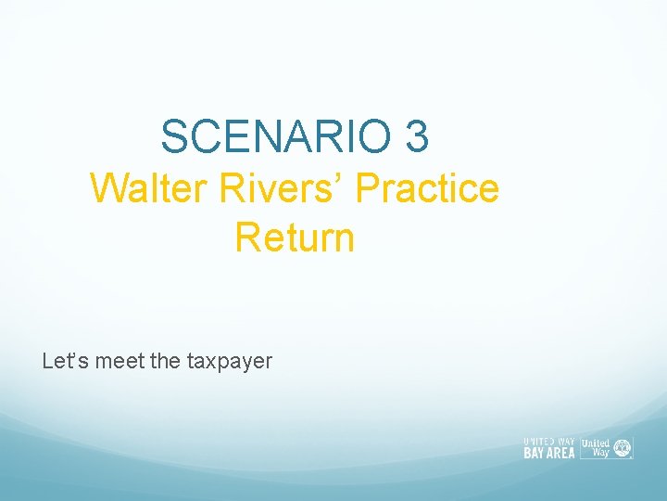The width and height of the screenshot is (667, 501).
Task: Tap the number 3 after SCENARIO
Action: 417,136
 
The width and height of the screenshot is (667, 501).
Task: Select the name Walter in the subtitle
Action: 151,188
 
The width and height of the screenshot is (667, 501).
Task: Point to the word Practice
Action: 427,188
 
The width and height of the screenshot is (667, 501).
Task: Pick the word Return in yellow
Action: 295,237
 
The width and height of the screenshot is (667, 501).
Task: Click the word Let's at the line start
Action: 60,361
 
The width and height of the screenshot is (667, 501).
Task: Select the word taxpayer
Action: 230,361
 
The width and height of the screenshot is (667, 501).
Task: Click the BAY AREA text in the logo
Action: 549,454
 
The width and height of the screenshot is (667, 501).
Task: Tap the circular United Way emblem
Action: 623,446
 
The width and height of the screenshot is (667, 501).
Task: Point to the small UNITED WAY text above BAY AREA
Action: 549,442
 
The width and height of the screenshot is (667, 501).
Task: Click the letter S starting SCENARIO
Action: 172,136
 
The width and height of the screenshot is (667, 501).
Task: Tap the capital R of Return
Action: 247,237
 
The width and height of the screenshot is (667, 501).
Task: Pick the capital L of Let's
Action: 47,361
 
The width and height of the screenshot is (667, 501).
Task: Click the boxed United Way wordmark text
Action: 595,446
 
